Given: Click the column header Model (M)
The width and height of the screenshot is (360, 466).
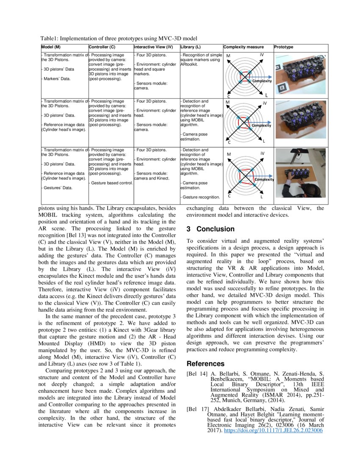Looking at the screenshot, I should tap(52, 47).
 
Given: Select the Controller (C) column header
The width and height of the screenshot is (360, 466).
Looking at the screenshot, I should tap(102, 47).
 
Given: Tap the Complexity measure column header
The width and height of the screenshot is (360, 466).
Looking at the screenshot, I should tap(244, 47).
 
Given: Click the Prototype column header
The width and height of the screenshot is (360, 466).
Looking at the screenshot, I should tap(283, 47).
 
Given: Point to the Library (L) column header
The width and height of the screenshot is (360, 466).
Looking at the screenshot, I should tap(191, 47).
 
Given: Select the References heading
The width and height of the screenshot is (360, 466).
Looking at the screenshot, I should tap(205, 364).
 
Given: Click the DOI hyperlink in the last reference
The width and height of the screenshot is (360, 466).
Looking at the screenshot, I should tap(273, 430).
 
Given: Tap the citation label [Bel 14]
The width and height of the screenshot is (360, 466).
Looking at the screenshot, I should tap(197, 374).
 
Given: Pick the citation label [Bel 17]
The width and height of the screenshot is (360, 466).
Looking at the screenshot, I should tap(197, 410).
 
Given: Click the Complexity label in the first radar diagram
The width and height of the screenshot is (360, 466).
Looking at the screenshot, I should tap(262, 81).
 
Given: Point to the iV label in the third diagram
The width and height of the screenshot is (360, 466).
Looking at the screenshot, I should tap(262, 153).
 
